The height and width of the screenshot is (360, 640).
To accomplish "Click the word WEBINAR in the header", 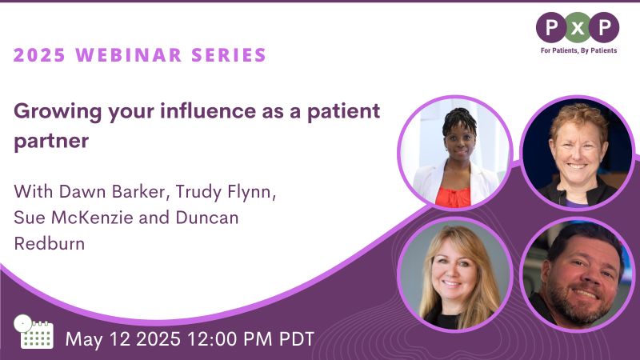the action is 129,55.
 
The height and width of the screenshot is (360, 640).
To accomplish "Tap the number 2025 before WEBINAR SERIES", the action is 39,55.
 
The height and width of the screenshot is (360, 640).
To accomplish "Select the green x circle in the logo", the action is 578,28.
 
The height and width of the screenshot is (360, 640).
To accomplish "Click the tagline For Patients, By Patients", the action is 578,50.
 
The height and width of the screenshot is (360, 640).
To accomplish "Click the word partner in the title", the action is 51,142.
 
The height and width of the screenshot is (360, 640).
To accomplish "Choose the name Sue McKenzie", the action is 74,217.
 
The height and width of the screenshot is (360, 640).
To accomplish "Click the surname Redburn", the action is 50,244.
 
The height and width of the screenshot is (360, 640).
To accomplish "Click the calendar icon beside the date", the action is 34,332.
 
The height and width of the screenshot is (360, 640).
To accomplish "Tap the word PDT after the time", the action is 297,339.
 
